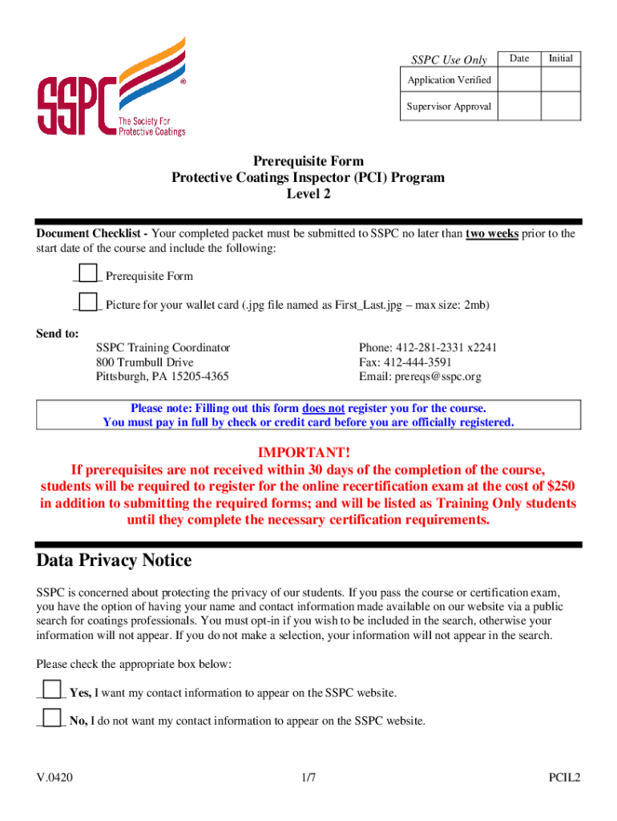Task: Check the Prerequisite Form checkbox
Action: (x=88, y=273)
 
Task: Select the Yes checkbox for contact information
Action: (x=52, y=690)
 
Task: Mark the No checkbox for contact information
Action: (x=52, y=718)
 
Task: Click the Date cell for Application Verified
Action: (x=519, y=80)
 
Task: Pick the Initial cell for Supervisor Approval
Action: (x=561, y=107)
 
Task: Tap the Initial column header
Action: (x=561, y=59)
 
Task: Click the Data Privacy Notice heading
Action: (x=114, y=560)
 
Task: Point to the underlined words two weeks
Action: (x=492, y=234)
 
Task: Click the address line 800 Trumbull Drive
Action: (x=144, y=362)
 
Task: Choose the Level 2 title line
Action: (x=308, y=194)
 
